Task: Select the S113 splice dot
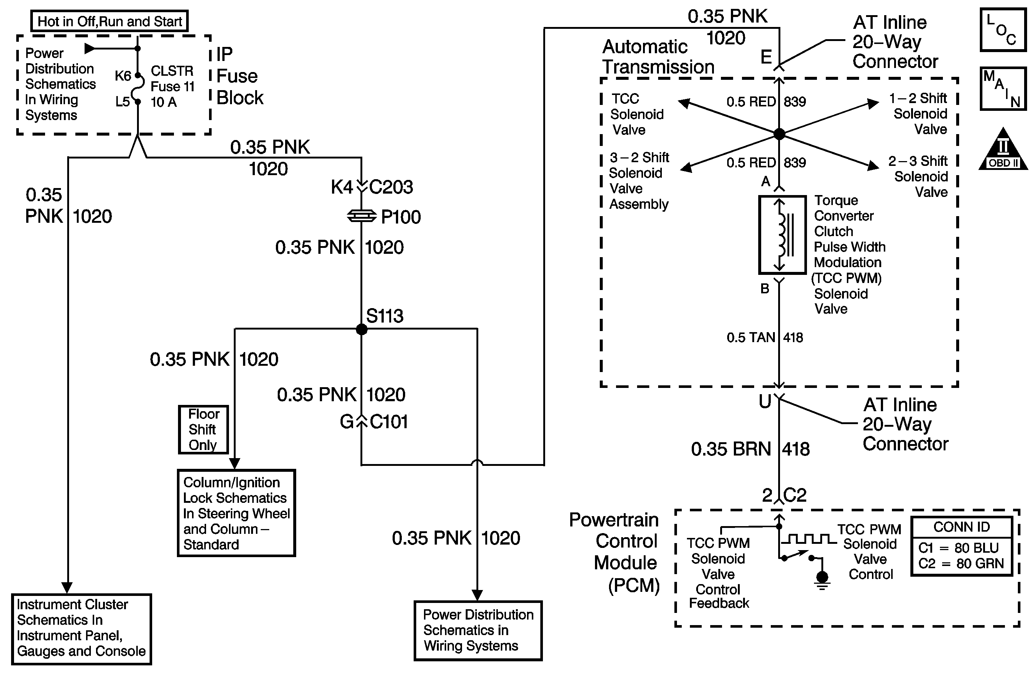(x=361, y=329)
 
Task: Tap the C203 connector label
(x=390, y=187)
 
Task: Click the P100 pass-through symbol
(x=361, y=216)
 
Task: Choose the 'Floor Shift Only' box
(x=203, y=429)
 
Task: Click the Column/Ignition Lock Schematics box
(x=236, y=513)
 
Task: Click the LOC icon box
(x=1003, y=30)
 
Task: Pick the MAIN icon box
(x=1003, y=89)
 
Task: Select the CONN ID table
(x=961, y=546)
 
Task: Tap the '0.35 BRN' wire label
(x=731, y=449)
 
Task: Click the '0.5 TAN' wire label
(x=751, y=338)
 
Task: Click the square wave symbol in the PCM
(x=809, y=539)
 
